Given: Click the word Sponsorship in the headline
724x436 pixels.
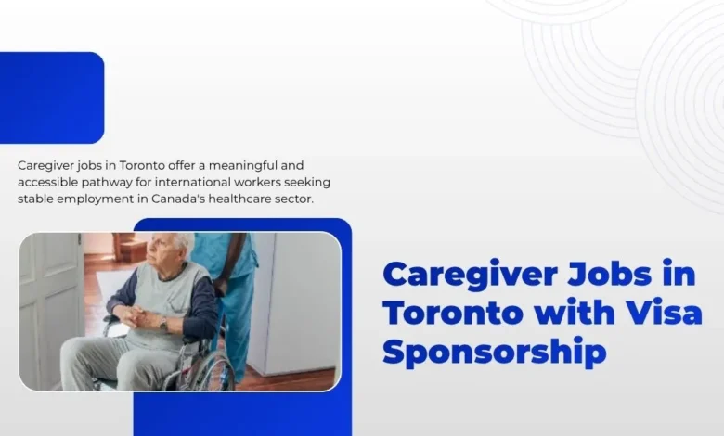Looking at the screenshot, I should [x=494, y=353].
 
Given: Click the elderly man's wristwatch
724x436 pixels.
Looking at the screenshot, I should [x=163, y=324].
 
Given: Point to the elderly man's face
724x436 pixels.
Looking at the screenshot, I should [x=167, y=253].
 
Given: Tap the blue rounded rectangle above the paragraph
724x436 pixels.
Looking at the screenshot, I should [x=51, y=97].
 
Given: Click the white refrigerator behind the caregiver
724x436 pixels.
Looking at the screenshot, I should [x=297, y=297].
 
